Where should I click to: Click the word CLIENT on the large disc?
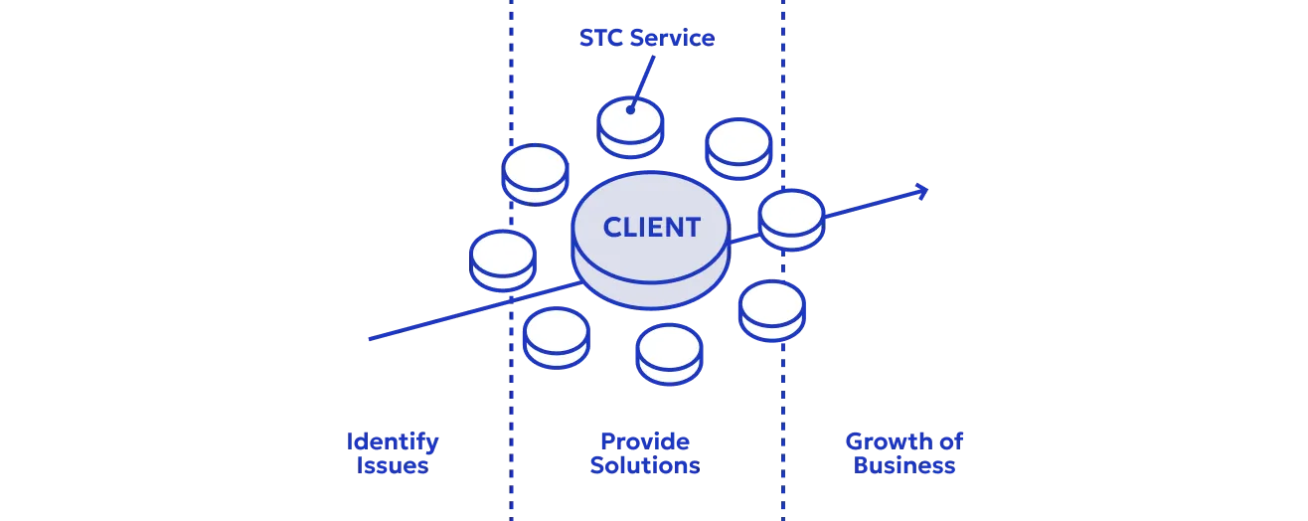tap(651, 227)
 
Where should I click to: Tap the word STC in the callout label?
tap(598, 39)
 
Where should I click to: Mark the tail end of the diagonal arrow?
tap(370, 339)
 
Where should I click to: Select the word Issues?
tap(392, 465)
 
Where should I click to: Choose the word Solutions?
tap(644, 465)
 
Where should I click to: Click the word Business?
tap(904, 465)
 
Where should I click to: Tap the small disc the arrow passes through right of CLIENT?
tap(791, 220)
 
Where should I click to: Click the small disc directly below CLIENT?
tap(669, 353)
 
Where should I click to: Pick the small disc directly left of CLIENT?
tap(502, 260)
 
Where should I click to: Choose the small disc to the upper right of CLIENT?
tap(738, 148)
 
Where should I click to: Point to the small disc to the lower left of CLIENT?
tap(557, 336)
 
